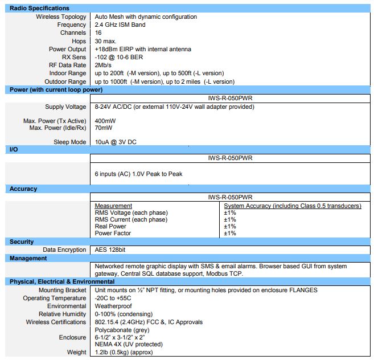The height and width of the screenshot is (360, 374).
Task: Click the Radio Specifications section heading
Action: coord(39,9)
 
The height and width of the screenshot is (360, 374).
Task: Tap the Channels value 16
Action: coord(98,33)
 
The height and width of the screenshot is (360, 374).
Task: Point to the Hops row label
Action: coord(79,41)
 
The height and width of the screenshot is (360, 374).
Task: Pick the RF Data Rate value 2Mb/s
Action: coord(104,65)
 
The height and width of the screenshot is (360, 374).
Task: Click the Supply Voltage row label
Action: coord(65,107)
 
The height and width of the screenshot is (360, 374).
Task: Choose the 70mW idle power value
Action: coord(104,128)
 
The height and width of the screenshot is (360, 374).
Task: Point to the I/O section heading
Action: coord(14,149)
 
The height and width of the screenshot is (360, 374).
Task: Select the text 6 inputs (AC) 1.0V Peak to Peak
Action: coord(138,174)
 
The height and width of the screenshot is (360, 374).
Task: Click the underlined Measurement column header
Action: coord(113,206)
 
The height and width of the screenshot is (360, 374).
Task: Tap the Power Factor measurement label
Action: coord(113,233)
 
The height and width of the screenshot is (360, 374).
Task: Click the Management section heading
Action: coord(28,258)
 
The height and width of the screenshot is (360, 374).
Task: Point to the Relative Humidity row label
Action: coord(63,314)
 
